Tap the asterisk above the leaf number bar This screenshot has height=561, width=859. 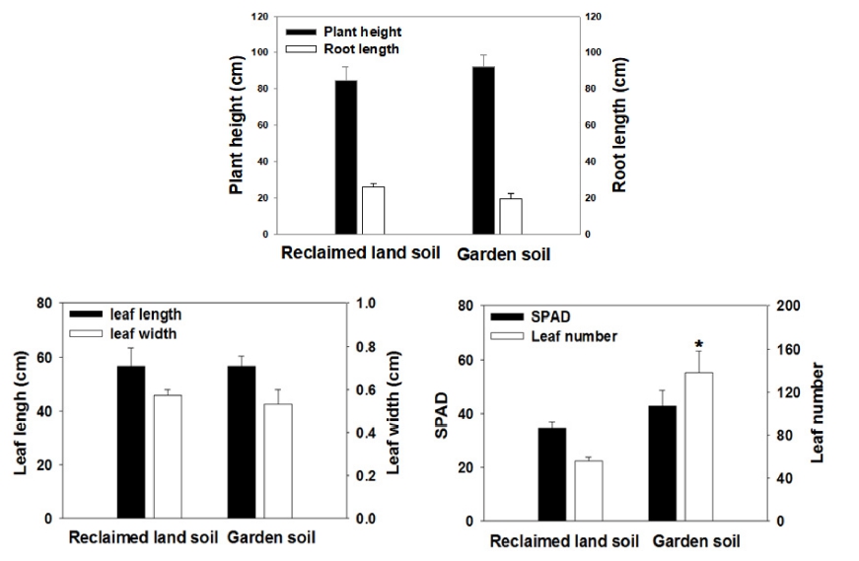698,344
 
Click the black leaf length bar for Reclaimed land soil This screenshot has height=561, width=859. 131,441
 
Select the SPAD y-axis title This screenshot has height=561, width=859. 442,414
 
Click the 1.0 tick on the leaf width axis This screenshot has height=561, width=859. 366,304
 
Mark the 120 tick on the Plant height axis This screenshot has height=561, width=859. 260,18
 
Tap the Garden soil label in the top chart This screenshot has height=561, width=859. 503,254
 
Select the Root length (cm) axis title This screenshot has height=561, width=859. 619,124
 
